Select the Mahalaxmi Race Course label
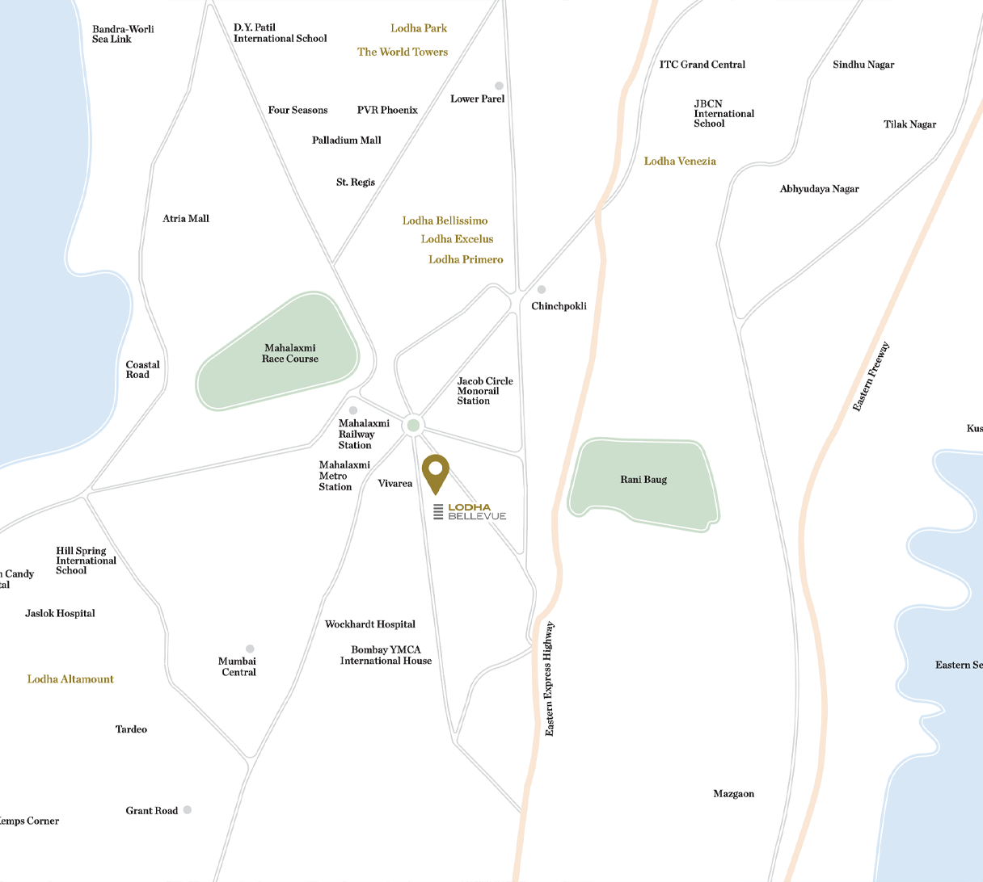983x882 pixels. tap(289, 354)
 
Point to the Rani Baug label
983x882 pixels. tap(643, 480)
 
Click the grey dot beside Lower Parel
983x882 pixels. tap(499, 86)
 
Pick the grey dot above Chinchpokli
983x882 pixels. tap(542, 289)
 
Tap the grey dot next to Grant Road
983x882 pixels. tap(188, 809)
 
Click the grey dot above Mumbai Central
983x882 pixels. tap(250, 649)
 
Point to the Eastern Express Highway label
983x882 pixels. tap(550, 678)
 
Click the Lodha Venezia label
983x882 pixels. tap(680, 162)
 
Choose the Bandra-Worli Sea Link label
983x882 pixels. tap(123, 34)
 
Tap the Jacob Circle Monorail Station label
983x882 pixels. tap(484, 391)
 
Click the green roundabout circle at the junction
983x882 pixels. tap(413, 425)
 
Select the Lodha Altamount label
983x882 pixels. tap(70, 679)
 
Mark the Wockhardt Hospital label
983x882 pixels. tap(370, 624)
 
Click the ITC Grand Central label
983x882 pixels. tap(702, 65)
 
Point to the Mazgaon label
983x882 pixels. tap(733, 794)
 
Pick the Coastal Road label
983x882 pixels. tap(142, 370)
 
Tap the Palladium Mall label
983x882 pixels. tap(346, 141)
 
